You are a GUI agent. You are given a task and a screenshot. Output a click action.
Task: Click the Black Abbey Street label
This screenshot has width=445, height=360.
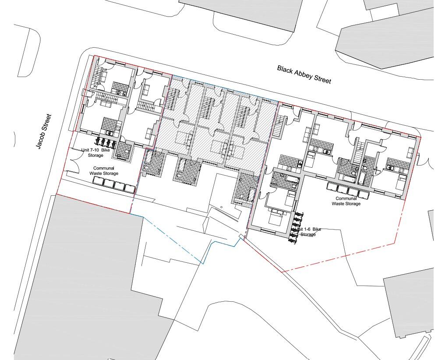pyautogui.click(x=304, y=74)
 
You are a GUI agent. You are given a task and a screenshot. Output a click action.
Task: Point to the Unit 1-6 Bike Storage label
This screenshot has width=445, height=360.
pyautogui.click(x=308, y=232)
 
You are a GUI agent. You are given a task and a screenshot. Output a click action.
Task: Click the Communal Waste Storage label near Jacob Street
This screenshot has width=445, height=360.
pyautogui.click(x=104, y=171)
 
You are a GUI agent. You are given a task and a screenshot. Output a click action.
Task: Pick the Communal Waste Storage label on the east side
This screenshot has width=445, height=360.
pyautogui.click(x=346, y=201)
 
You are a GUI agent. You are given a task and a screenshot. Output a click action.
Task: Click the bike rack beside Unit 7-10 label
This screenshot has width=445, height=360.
pyautogui.click(x=106, y=142)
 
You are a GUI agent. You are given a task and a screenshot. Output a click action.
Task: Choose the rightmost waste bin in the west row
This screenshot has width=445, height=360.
pyautogui.click(x=129, y=188)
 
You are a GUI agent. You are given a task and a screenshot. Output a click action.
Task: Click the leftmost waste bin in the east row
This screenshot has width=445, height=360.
pyautogui.click(x=332, y=188)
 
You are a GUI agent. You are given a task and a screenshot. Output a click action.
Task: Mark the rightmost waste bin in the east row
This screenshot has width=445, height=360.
pyautogui.click(x=364, y=193)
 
